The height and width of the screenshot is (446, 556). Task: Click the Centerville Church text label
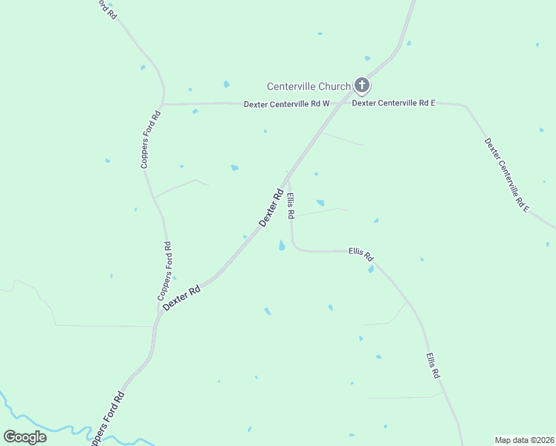308,87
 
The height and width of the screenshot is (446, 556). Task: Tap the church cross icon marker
362,85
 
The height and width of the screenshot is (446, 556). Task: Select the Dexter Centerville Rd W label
286,104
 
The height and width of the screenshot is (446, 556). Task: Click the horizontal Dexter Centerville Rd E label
393,103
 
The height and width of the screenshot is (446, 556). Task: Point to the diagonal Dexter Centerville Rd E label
506,175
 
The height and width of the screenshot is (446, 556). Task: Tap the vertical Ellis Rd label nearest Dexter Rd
291,206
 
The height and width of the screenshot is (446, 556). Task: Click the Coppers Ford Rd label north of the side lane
151,140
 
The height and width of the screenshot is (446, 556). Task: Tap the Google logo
25,436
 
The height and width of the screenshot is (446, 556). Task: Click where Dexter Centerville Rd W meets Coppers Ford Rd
163,104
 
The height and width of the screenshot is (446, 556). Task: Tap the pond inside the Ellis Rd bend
282,245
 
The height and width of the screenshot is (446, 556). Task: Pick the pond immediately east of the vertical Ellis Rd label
320,203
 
